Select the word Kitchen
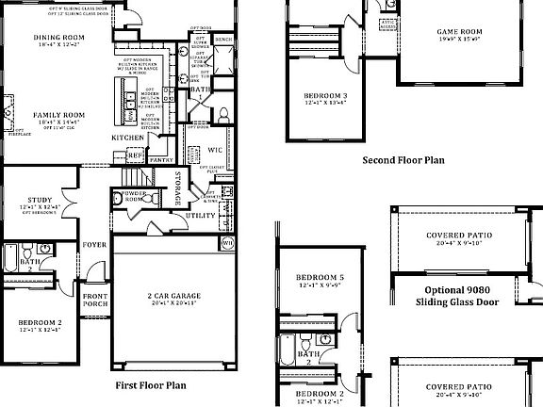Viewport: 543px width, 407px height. pyautogui.click(x=128, y=138)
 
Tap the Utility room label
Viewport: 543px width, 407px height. pyautogui.click(x=200, y=216)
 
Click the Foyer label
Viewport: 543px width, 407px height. pyautogui.click(x=94, y=243)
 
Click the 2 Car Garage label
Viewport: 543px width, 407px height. pyautogui.click(x=171, y=297)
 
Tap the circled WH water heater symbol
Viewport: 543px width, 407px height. pyautogui.click(x=227, y=243)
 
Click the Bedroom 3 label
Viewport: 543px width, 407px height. pyautogui.click(x=324, y=96)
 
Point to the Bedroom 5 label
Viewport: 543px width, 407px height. pyautogui.click(x=320, y=277)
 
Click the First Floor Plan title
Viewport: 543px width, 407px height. pyautogui.click(x=150, y=384)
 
